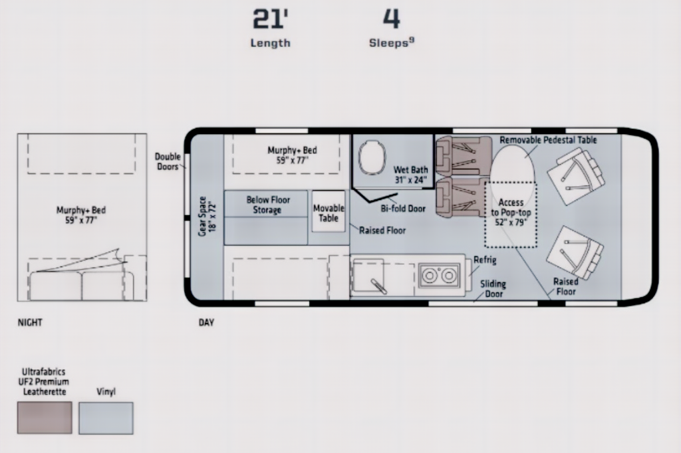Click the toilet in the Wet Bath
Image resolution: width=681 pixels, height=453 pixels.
(372, 157)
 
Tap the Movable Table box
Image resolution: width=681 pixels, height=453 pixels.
(329, 211)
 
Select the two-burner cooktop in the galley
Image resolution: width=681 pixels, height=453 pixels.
(439, 275)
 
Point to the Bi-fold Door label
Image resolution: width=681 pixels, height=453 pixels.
(403, 209)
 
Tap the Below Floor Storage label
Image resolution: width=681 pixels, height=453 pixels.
(268, 205)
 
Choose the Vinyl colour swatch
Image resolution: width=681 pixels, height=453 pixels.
(106, 418)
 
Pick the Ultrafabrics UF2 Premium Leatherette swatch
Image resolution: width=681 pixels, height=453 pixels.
(45, 417)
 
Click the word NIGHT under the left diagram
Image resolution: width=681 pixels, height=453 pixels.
(30, 322)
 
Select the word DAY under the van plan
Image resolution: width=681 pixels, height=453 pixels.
(206, 322)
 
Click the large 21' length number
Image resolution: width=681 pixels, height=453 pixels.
(270, 19)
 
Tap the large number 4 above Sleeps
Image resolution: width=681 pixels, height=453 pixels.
(391, 19)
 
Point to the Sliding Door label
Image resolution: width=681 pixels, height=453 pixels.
(493, 289)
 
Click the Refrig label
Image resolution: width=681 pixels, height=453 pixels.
(485, 260)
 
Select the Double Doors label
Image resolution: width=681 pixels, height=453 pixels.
(168, 161)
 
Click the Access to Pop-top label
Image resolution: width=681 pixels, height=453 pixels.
(511, 212)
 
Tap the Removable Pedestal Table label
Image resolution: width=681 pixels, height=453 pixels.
(548, 139)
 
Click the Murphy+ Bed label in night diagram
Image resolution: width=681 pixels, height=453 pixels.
(80, 215)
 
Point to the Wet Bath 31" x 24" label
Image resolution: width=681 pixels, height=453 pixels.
(411, 175)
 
